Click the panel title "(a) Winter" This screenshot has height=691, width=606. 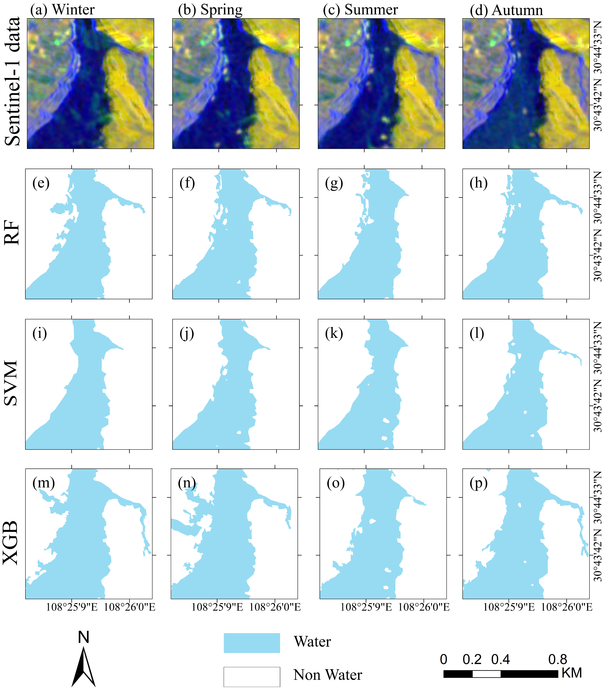click(x=62, y=10)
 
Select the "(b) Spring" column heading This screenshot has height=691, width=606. click(x=210, y=10)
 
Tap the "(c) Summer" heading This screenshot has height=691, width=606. click(x=360, y=10)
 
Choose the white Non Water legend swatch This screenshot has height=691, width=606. click(x=252, y=677)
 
